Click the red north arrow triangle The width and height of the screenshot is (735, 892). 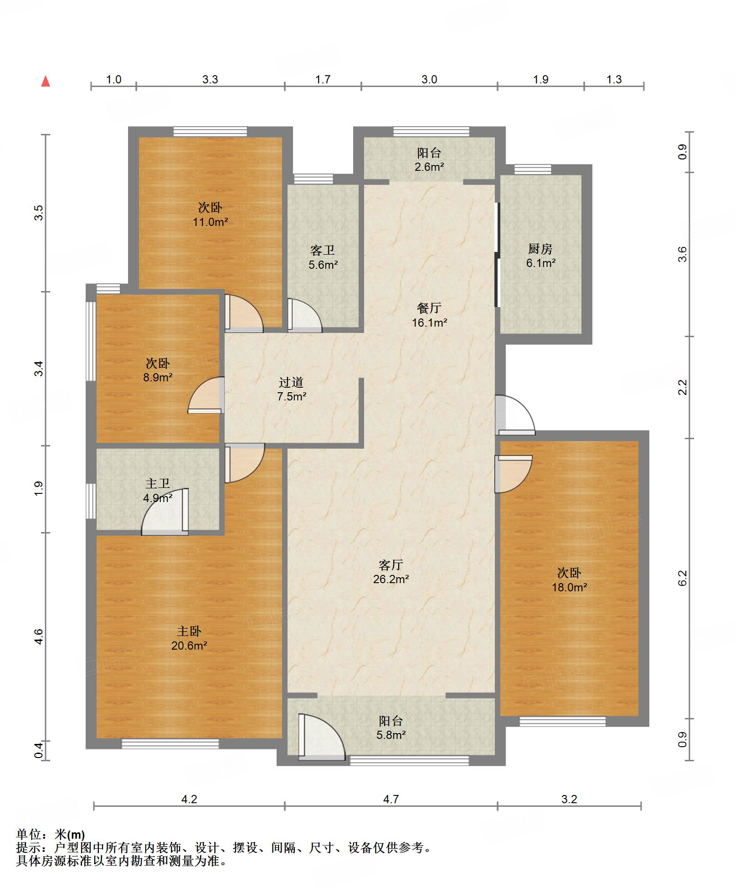click(x=46, y=82)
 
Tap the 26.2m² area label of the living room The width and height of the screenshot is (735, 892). click(x=391, y=579)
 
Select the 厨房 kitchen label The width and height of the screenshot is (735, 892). click(x=540, y=249)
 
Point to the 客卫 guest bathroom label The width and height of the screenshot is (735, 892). click(x=323, y=250)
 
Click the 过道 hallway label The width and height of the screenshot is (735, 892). click(x=291, y=382)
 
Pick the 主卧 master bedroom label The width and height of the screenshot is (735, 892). click(x=189, y=631)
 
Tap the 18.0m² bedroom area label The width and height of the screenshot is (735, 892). click(x=569, y=587)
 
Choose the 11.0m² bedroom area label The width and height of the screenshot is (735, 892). click(x=210, y=222)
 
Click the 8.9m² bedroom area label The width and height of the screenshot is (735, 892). click(x=158, y=377)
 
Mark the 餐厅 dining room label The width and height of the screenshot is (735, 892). click(x=429, y=308)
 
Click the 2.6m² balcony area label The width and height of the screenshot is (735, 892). click(x=429, y=167)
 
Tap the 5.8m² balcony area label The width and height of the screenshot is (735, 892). click(x=391, y=735)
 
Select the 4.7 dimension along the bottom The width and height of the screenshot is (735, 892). click(x=391, y=799)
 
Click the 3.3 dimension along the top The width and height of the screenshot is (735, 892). click(x=210, y=79)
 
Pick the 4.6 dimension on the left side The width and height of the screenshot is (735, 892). click(x=39, y=636)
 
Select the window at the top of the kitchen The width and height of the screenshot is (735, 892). click(x=533, y=169)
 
